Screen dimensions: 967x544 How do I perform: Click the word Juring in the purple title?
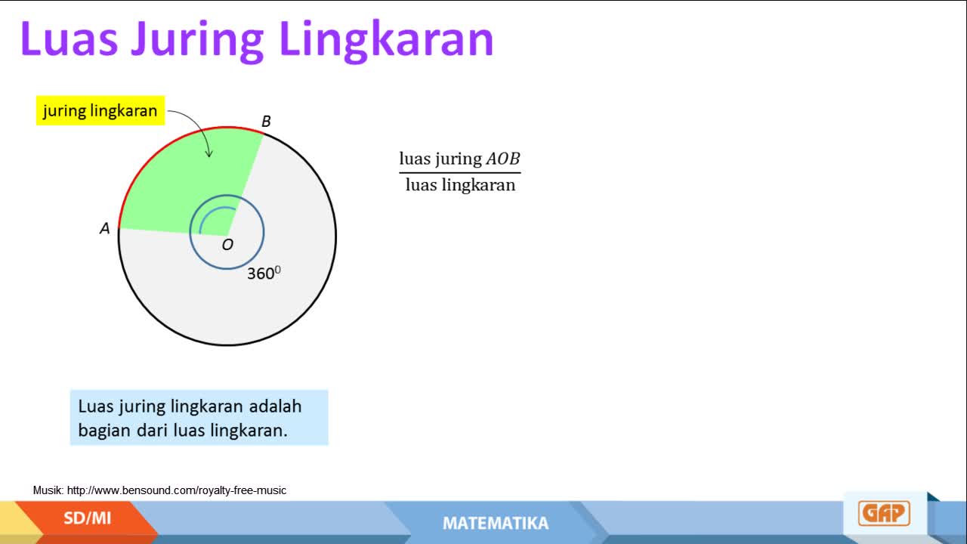click(x=197, y=40)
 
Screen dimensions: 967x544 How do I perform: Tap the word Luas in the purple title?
click(x=70, y=39)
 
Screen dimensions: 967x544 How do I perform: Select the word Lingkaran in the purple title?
click(x=387, y=40)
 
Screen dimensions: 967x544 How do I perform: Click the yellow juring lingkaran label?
click(x=100, y=110)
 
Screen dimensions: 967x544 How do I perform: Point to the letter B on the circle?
click(x=267, y=122)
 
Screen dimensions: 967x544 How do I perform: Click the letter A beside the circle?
click(x=105, y=228)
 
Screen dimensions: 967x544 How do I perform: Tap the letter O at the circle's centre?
click(x=227, y=245)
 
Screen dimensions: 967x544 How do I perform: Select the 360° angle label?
click(x=264, y=273)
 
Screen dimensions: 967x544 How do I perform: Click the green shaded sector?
click(x=190, y=186)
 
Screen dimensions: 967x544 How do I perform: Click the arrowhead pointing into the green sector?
click(x=209, y=153)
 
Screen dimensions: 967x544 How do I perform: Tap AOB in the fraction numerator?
click(x=503, y=159)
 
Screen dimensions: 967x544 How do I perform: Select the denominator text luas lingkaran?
click(x=460, y=185)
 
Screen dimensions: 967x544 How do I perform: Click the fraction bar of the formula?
click(x=460, y=173)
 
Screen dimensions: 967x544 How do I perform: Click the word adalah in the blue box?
click(x=275, y=406)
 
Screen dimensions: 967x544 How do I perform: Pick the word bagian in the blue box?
click(x=104, y=431)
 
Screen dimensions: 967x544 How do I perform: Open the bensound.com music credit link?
click(x=177, y=490)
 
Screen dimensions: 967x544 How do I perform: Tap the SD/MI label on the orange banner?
click(x=87, y=518)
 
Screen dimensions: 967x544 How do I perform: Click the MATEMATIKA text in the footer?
click(x=496, y=524)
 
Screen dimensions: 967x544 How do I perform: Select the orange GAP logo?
click(x=884, y=513)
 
